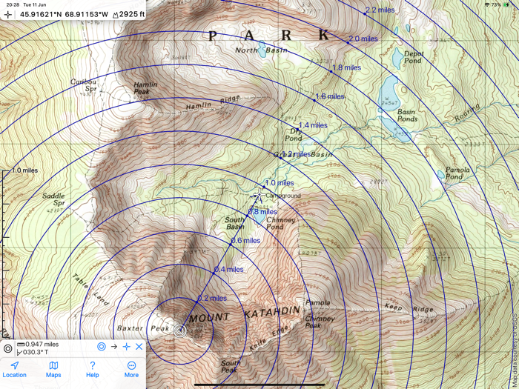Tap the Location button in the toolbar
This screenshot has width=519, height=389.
click(x=14, y=369)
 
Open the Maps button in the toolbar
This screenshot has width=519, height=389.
click(x=53, y=369)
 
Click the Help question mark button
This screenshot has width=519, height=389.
click(x=92, y=369)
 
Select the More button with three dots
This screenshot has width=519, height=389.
click(x=131, y=369)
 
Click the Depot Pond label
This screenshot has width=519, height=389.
click(x=413, y=57)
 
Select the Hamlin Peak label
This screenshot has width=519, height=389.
click(x=145, y=88)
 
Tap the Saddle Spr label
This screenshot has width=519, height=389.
click(x=53, y=199)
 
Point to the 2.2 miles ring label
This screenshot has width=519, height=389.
click(x=380, y=10)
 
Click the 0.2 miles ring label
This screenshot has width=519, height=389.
click(x=212, y=298)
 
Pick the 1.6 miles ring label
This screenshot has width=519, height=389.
click(x=330, y=96)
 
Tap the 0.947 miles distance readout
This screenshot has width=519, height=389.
click(x=42, y=345)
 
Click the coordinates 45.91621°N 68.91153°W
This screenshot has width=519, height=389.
click(x=63, y=14)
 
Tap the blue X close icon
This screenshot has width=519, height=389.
click(x=139, y=346)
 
